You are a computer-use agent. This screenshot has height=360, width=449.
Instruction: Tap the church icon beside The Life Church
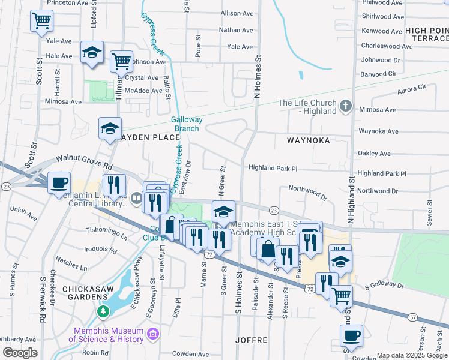pyautogui.click(x=345, y=107)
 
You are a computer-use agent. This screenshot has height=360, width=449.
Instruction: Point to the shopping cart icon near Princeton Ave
pyautogui.click(x=42, y=20)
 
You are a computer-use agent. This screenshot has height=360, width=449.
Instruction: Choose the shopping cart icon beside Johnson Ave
pyautogui.click(x=121, y=60)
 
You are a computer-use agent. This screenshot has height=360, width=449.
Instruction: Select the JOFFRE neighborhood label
pyautogui.click(x=251, y=340)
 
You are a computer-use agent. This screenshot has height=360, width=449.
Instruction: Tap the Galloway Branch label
pyautogui.click(x=187, y=124)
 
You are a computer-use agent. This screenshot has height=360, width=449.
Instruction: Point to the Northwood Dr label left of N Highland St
pyautogui.click(x=307, y=192)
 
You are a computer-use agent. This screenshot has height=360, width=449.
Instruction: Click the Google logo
pyautogui.click(x=20, y=353)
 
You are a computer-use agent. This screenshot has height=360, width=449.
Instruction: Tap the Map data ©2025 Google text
pyautogui.click(x=412, y=355)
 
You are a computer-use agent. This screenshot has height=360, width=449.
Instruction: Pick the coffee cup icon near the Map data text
pyautogui.click(x=351, y=335)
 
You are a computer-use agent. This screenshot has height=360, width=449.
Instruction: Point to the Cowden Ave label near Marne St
pyautogui.click(x=191, y=354)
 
